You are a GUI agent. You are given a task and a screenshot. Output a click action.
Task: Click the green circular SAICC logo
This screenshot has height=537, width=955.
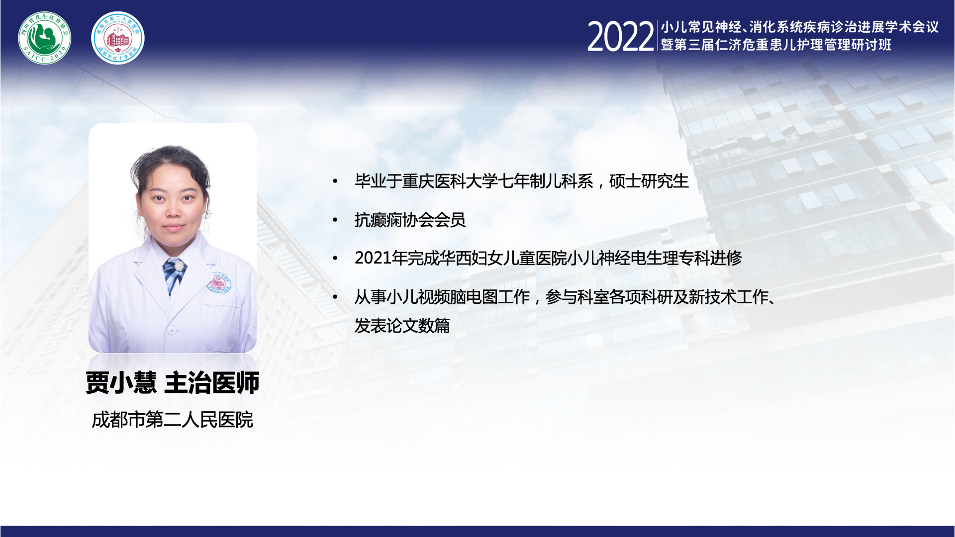(x=45, y=38)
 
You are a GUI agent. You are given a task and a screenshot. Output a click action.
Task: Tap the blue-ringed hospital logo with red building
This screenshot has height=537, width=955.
(x=118, y=38)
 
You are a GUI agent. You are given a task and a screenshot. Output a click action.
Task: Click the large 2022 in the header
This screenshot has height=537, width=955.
(x=620, y=36)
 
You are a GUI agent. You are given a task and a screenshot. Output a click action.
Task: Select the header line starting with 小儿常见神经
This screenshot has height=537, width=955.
(x=799, y=27)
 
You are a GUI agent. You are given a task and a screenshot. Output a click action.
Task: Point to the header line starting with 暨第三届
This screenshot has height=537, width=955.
(x=776, y=45)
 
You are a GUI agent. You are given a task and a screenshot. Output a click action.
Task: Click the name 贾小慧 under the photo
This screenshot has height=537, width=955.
(x=121, y=383)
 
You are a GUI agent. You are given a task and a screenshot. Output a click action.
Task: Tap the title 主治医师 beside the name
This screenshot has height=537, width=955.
(x=212, y=383)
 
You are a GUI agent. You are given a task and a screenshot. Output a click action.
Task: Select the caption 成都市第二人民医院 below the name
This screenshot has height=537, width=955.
(x=173, y=420)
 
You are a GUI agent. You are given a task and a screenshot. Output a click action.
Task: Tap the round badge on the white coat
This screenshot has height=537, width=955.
(x=219, y=282)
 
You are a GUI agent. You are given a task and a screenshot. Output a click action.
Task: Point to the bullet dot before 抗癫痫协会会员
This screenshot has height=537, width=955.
(x=336, y=220)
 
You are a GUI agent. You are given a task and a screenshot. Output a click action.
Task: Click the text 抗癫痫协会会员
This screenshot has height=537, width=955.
(x=410, y=220)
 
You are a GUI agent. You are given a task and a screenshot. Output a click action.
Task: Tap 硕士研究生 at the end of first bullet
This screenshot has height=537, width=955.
(x=649, y=181)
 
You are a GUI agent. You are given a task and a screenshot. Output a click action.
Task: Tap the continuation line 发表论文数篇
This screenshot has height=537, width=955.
(x=402, y=326)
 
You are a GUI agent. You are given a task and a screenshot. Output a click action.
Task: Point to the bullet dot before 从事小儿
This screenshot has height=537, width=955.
(x=336, y=297)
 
